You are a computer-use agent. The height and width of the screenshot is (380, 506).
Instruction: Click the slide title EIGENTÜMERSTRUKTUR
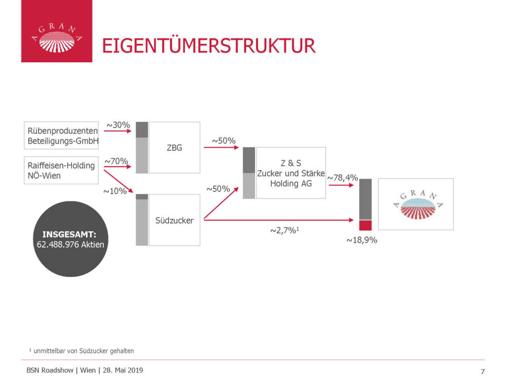208,46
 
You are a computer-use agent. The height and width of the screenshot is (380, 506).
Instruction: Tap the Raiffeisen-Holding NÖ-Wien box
61,170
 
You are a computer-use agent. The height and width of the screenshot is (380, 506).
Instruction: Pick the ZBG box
174,147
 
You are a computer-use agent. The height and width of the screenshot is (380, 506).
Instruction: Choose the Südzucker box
174,220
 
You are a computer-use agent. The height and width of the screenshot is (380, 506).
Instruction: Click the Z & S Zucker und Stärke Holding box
291,173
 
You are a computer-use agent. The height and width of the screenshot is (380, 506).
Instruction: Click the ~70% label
116,161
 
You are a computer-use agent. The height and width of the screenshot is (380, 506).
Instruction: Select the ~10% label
115,191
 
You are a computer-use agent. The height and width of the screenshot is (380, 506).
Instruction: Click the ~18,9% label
362,240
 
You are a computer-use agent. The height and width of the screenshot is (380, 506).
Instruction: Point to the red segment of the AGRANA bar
365,226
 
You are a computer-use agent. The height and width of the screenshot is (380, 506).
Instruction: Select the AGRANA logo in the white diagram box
416,204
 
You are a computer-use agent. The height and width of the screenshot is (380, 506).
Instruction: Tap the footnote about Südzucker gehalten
82,351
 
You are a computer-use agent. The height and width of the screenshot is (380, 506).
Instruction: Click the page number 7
482,372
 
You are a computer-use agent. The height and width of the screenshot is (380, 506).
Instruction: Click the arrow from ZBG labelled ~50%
223,147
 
